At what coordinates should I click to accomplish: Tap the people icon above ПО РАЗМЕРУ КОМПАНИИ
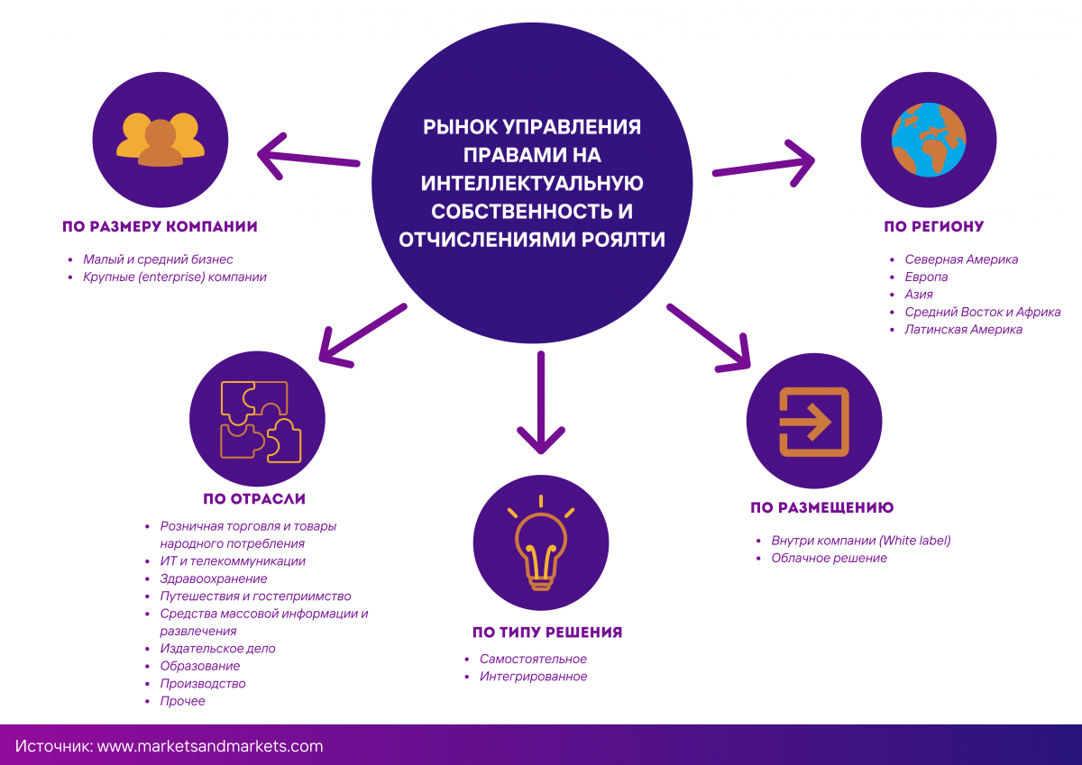pos(160,140)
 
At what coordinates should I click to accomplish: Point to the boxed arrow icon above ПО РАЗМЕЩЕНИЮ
pos(814,421)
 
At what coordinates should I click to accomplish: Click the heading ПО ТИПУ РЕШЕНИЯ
pos(547,632)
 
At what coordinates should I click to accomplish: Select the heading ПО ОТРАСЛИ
pos(254,498)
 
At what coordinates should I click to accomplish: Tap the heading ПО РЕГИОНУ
pos(933,226)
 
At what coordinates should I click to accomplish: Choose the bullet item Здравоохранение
pos(214,578)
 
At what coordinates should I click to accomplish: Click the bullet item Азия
pos(919,295)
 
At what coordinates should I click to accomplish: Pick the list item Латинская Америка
pos(963,330)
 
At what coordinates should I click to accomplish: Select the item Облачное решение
pos(829,559)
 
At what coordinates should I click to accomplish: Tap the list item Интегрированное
pos(533,677)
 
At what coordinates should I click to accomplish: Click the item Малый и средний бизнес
pos(158,260)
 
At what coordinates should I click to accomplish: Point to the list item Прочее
pos(182,701)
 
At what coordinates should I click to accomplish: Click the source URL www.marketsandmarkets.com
pos(209,746)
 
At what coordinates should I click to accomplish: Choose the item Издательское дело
pos(217,649)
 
